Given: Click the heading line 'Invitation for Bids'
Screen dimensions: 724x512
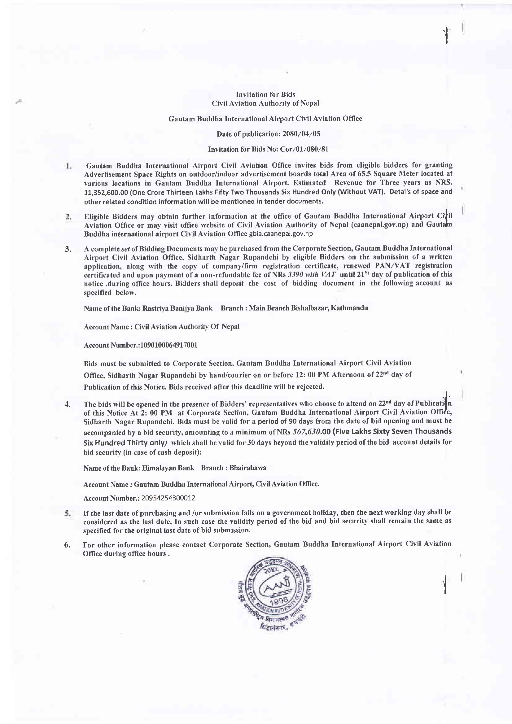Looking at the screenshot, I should [265, 94].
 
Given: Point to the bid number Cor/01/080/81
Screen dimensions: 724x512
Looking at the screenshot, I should [304, 149].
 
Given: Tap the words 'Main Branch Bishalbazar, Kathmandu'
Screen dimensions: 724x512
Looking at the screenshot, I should [308, 308].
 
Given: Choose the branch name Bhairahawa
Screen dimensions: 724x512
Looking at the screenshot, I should [248, 468].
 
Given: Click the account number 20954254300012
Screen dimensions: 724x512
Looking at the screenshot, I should [168, 498].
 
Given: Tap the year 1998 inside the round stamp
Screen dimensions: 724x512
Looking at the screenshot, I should [278, 600].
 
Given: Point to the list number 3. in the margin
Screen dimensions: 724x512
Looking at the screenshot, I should [68, 249].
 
